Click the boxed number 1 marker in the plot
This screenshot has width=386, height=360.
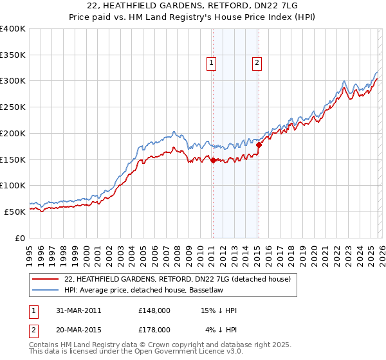tap(212, 62)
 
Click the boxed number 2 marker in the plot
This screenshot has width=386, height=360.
tap(257, 62)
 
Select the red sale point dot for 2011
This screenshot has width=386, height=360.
tap(213, 161)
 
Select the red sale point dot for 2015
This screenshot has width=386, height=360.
tap(258, 145)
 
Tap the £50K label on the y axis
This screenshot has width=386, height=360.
tap(15, 211)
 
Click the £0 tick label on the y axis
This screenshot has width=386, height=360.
tap(19, 237)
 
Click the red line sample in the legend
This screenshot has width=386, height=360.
tap(46, 279)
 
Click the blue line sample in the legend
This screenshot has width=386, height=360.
tap(46, 290)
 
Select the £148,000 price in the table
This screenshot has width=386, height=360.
tap(154, 310)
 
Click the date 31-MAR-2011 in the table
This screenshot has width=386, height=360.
tap(74, 310)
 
